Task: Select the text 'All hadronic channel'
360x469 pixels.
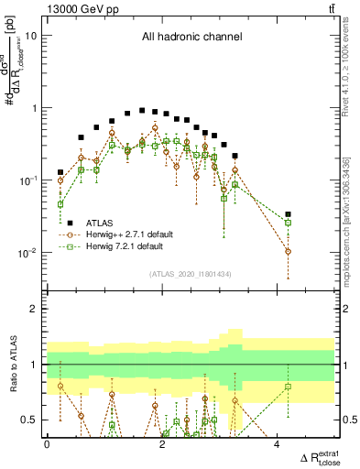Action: pos(191,38)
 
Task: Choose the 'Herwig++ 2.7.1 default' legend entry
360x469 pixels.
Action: pos(129,234)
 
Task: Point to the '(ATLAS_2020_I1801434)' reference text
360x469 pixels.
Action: pos(191,274)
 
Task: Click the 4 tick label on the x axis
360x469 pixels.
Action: pos(278,444)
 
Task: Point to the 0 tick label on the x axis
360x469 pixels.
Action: pos(47,444)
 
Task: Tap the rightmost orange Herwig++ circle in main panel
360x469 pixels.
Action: pos(288,251)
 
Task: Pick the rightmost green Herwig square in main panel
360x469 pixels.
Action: pos(288,223)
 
